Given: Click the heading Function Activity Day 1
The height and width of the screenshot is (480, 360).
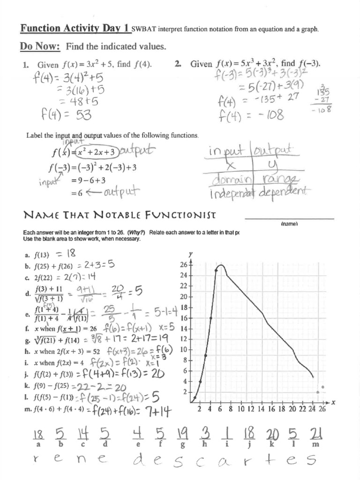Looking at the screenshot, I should [x=75, y=29].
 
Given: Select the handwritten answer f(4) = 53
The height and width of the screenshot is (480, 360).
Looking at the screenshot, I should [x=62, y=114].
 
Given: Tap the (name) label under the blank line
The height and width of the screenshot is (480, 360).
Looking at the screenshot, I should [x=290, y=224].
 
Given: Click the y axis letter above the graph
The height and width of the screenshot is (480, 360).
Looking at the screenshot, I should [x=190, y=254].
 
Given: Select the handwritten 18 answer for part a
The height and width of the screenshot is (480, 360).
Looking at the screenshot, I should [x=71, y=254].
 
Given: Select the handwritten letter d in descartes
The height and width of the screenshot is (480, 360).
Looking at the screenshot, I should [x=139, y=462].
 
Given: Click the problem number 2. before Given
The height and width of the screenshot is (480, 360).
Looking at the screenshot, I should [x=178, y=64].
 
